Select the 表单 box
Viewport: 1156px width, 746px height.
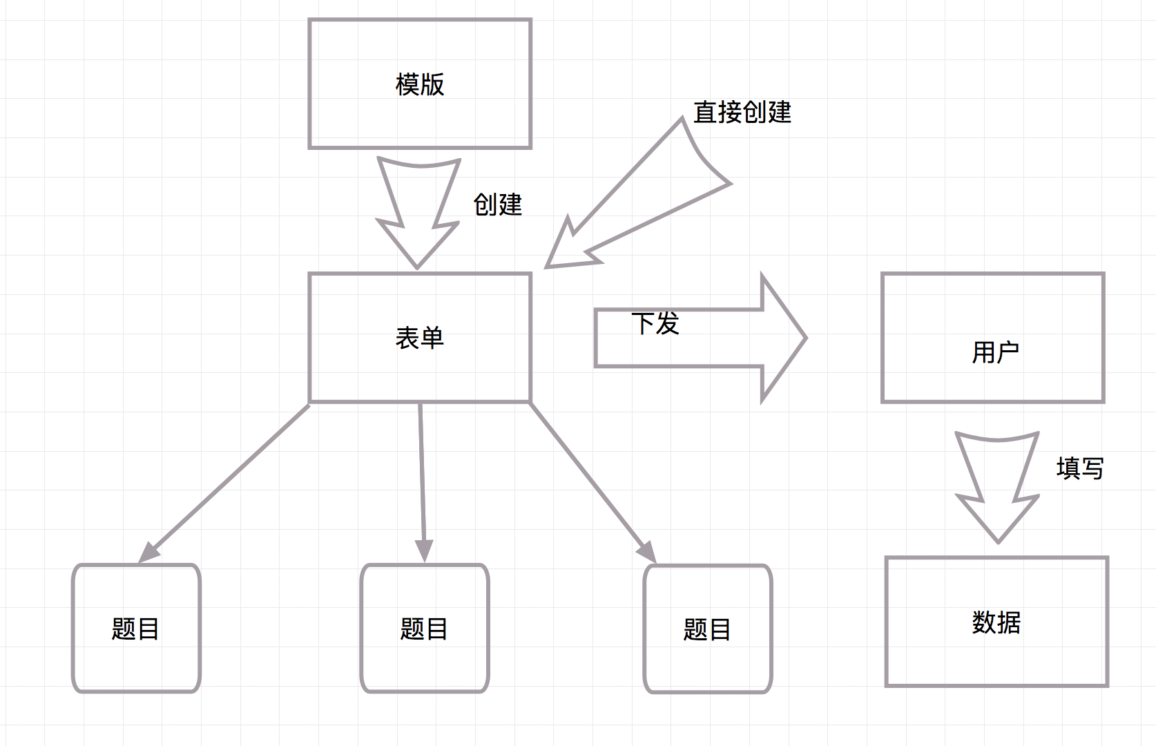[420, 366]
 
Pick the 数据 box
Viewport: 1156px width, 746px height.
[996, 656]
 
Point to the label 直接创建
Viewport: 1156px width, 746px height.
[742, 112]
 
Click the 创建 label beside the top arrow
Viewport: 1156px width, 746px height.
[497, 204]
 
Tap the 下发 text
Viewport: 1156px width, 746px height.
[655, 323]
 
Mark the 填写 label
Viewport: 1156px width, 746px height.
[1080, 468]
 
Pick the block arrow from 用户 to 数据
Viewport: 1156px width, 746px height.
[997, 484]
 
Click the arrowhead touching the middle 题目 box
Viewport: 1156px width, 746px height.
[424, 551]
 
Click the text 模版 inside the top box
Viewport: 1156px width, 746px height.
[420, 84]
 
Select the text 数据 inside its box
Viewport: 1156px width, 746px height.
[996, 622]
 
